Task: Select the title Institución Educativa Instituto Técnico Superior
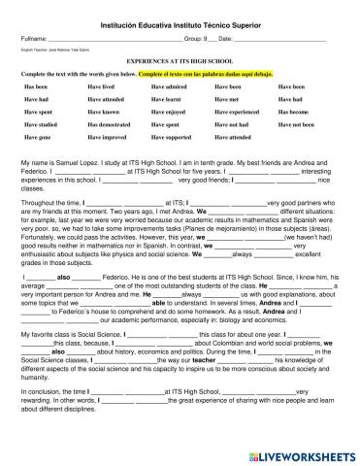(x=180, y=20)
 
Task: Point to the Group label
(x=194, y=37)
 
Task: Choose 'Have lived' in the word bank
(x=102, y=86)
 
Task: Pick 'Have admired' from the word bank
(x=170, y=86)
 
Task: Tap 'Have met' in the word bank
(x=228, y=99)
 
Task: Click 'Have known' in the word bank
(x=104, y=113)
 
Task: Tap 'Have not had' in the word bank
(x=234, y=125)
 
